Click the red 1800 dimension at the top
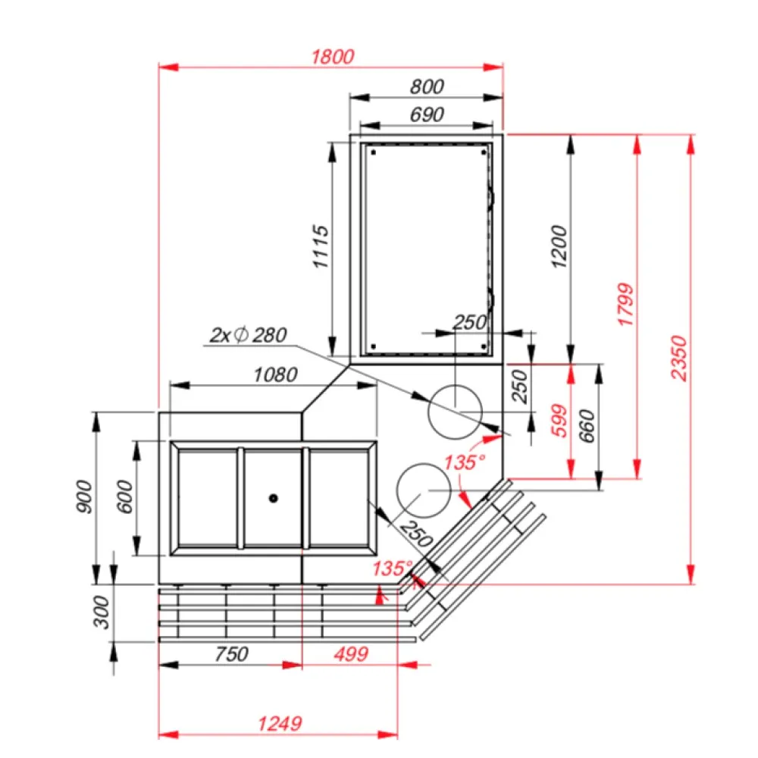[333, 56]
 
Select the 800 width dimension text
[426, 86]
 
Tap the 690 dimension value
[426, 114]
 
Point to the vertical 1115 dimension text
[321, 247]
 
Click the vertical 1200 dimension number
[559, 247]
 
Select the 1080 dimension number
[274, 374]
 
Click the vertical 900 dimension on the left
[84, 497]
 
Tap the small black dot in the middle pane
[273, 498]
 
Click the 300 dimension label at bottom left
[101, 612]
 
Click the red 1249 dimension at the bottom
[277, 722]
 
